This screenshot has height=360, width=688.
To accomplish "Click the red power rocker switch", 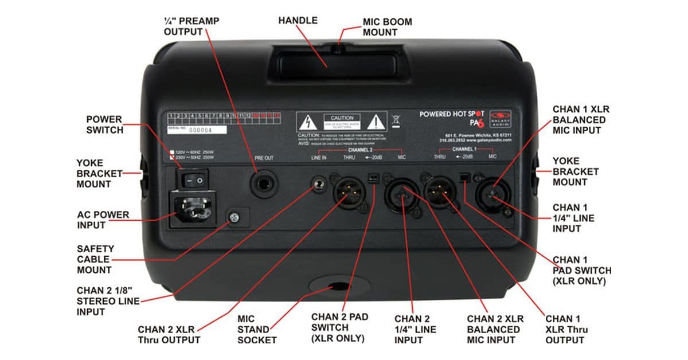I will (x=192, y=179).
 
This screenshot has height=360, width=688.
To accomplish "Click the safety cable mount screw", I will (x=233, y=218).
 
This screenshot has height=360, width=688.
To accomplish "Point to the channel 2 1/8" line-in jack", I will (x=316, y=185).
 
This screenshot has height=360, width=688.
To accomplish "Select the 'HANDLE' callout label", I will (x=298, y=21).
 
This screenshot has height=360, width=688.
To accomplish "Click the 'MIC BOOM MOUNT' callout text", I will (x=388, y=27).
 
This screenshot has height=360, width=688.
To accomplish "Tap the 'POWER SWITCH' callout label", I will (x=104, y=124).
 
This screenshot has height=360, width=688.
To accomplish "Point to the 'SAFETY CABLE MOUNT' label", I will (x=96, y=259).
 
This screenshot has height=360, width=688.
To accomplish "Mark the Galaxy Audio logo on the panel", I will (x=500, y=119).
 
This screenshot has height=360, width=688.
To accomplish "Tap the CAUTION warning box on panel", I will (x=342, y=120).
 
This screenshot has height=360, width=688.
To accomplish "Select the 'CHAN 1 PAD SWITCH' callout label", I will (x=582, y=270).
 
